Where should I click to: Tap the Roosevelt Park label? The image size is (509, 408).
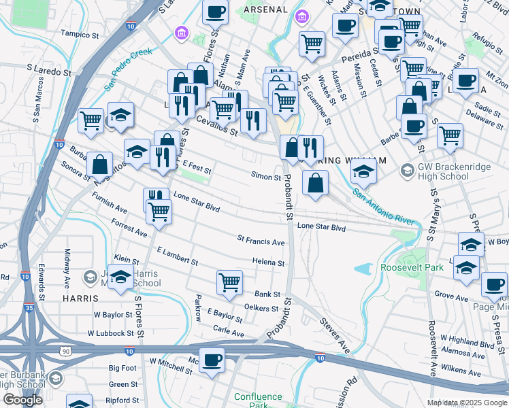(x=412, y=267)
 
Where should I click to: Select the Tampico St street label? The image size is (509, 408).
(x=85, y=33)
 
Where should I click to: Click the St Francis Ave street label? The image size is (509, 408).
(x=260, y=241)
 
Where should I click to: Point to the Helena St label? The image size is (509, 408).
(x=267, y=262)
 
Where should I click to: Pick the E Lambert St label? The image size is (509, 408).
(x=176, y=256)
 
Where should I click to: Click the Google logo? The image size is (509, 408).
(x=22, y=400)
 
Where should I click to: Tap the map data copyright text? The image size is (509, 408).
(x=467, y=403)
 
